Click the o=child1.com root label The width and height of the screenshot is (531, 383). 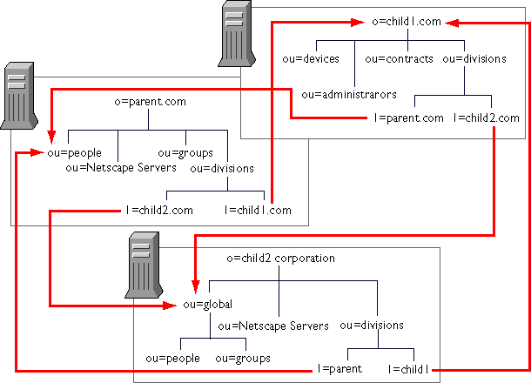pos(407,22)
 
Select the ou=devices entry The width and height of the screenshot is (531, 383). pos(311,59)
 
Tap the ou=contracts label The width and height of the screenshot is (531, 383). pos(399,59)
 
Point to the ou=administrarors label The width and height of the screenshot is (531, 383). pos(349,95)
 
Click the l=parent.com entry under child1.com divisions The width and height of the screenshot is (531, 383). pos(408,118)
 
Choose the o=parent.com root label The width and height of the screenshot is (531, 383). pos(150,102)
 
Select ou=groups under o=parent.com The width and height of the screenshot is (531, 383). pos(185,153)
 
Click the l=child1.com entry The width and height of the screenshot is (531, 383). pos(258,211)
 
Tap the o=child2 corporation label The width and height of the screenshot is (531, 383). pos(281,259)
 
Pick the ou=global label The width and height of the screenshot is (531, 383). pos(207,305)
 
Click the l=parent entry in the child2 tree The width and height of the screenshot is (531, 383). pos(339,369)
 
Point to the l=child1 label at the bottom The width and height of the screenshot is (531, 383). pos(408,369)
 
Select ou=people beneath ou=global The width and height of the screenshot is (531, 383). pos(172,359)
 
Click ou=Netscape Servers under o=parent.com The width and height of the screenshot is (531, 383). pos(121,168)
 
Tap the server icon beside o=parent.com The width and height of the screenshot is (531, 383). pos(19,96)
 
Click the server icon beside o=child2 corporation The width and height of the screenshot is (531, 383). pos(144,265)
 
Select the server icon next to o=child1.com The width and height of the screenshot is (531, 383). pos(237,34)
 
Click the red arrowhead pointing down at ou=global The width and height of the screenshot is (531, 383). pos(195,287)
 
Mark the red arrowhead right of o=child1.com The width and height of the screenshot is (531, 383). pos(452,23)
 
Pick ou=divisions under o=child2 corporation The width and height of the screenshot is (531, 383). pos(372,326)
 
